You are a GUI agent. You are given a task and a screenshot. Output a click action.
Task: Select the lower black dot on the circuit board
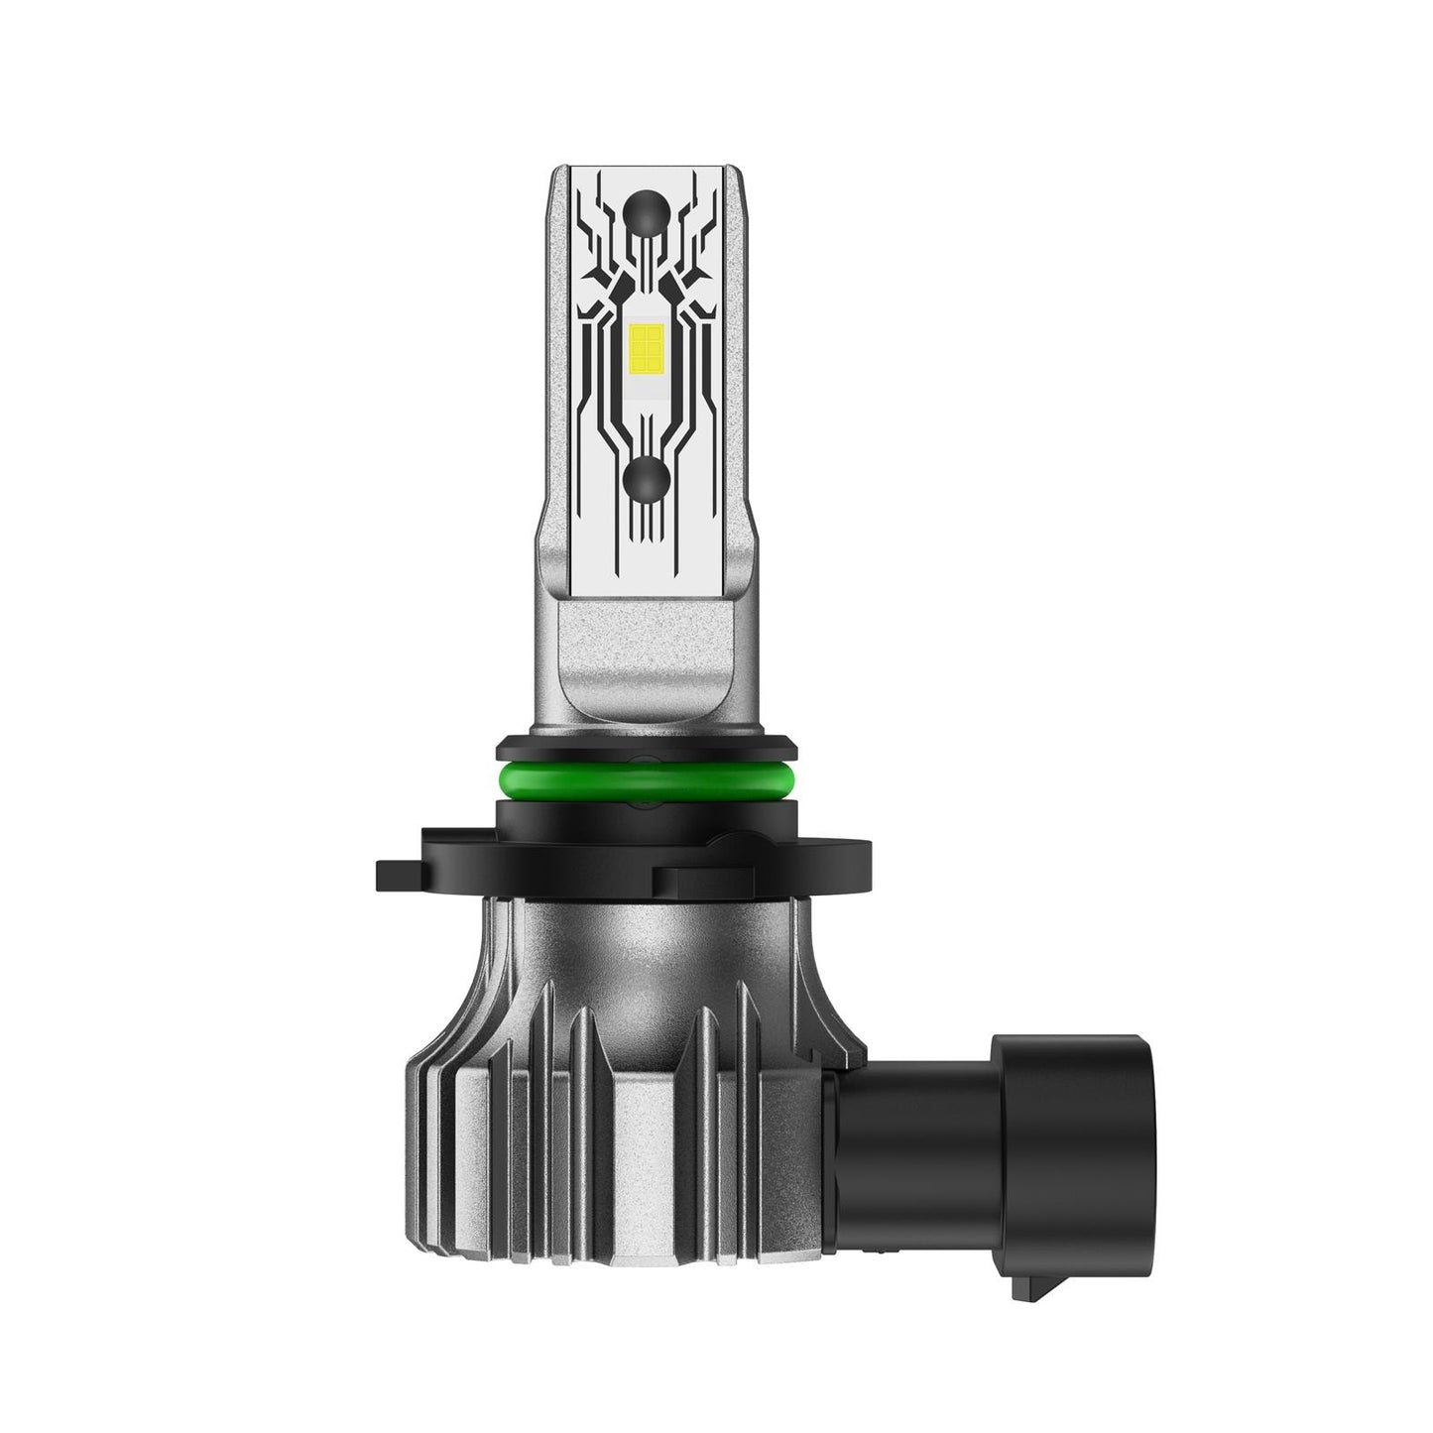pyautogui.click(x=646, y=480)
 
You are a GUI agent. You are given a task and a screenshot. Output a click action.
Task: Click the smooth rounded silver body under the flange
pyautogui.click(x=646, y=937)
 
